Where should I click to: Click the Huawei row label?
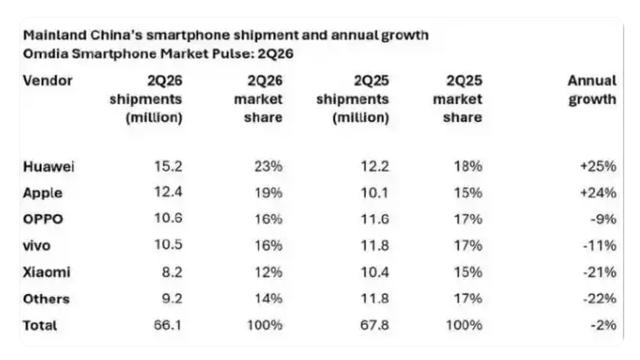[49, 167]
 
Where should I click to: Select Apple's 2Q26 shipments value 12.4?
[168, 192]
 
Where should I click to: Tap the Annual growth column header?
[592, 90]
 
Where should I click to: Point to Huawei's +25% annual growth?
[598, 166]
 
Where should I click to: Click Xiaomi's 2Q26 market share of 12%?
[268, 272]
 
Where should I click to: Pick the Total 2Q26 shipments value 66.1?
[168, 325]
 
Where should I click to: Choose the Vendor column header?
[47, 81]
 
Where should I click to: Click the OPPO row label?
[43, 219]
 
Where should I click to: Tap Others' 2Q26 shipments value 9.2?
[172, 298]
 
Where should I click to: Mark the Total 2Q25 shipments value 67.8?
[374, 325]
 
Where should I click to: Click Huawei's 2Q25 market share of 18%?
[468, 166]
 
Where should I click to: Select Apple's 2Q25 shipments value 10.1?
[375, 193]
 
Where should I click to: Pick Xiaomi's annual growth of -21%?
[600, 272]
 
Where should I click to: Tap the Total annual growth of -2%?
[603, 325]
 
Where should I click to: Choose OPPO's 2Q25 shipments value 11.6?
[375, 219]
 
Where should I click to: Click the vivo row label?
[37, 246]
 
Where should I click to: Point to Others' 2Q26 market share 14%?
[268, 298]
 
